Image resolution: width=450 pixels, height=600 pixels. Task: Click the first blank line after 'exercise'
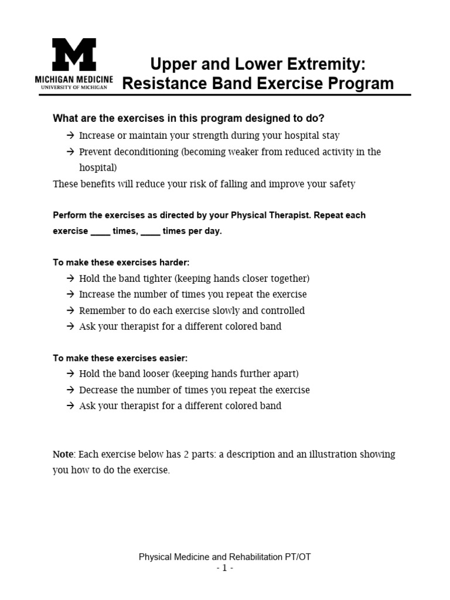tap(100, 231)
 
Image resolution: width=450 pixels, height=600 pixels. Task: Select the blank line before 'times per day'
tap(151, 231)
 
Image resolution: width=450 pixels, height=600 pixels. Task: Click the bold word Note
tap(63, 454)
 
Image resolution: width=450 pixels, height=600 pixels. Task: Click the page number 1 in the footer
tap(225, 568)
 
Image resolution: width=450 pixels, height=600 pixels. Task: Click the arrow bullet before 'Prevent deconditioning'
tap(70, 152)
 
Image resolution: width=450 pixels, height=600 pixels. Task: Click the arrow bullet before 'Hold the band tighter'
tap(70, 278)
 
